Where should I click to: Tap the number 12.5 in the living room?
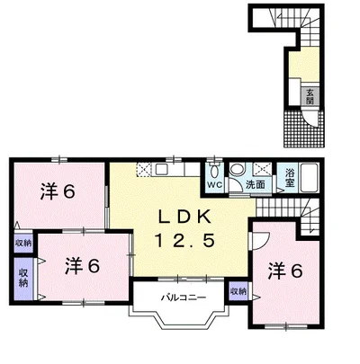point(184,241)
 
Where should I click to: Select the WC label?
point(215,185)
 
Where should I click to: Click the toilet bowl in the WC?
point(214,172)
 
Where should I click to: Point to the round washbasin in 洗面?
point(238,169)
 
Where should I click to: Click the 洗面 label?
point(256,185)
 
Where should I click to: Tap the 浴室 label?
point(289,178)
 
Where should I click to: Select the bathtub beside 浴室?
point(309,178)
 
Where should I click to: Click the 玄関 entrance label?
point(310,96)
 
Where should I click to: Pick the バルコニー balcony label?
point(184,297)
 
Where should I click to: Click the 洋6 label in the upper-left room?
point(58,191)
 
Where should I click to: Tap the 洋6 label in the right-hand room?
point(285,271)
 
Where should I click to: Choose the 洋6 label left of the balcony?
point(82,266)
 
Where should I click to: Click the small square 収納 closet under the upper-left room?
point(23,243)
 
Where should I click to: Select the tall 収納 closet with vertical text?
point(23,279)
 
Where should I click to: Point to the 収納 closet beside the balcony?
point(238,291)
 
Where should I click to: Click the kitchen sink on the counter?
point(162,170)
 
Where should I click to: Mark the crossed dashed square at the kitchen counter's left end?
point(143,170)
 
